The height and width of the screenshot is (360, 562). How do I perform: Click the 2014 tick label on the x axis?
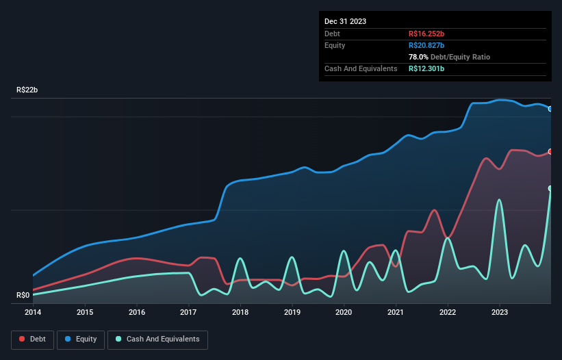33,312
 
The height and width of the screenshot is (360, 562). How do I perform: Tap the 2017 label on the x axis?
188,312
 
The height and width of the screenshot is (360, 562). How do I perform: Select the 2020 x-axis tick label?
344,312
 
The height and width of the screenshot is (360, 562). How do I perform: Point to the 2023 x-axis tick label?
500,312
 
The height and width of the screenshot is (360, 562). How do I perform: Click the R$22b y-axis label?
27,90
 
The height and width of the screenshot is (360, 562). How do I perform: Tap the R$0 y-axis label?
23,296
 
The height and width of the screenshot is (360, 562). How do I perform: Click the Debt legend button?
31,339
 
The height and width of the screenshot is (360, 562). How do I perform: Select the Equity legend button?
81,339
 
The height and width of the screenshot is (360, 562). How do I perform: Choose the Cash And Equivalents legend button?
157,339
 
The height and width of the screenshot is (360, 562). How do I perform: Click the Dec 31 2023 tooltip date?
346,21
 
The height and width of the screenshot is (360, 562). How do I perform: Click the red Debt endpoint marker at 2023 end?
550,152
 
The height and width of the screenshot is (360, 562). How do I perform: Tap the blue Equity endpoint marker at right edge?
550,109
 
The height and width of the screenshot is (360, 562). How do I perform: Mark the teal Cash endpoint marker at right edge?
550,188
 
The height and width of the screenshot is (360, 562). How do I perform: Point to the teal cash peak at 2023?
500,200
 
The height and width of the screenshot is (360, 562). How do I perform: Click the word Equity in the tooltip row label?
335,45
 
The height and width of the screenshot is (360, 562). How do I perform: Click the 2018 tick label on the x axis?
240,312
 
